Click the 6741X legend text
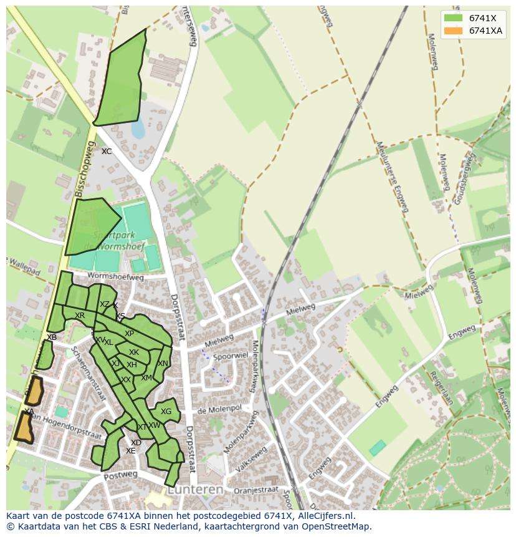pyautogui.click(x=482, y=18)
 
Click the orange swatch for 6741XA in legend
pyautogui.click(x=453, y=31)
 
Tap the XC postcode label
pyautogui.click(x=107, y=152)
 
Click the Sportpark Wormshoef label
pyautogui.click(x=118, y=241)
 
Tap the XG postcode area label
pyautogui.click(x=166, y=412)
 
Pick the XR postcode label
pyautogui.click(x=80, y=316)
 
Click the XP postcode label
pyautogui.click(x=129, y=334)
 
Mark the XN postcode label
pyautogui.click(x=163, y=364)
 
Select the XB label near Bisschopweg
pyautogui.click(x=52, y=337)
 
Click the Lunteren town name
pyautogui.click(x=194, y=490)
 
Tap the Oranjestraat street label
pyautogui.click(x=256, y=491)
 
